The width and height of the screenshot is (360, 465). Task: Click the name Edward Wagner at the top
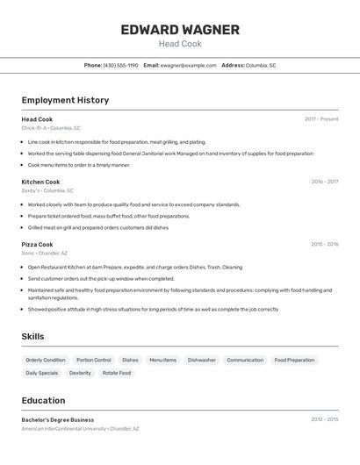[180, 30]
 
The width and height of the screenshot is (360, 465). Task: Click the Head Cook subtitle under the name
[180, 44]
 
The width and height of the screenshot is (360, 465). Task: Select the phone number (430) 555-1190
[120, 65]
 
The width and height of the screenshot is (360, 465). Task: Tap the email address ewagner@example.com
[188, 65]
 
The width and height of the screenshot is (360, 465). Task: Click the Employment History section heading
[65, 100]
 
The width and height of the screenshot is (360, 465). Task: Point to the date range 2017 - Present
[321, 118]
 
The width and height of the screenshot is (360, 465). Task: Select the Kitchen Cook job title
[40, 182]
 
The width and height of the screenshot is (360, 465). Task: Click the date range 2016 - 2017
[324, 182]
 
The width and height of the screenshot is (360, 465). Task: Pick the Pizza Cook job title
[37, 244]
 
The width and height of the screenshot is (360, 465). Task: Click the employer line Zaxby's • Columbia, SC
[47, 190]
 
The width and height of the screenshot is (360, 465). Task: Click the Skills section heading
[32, 336]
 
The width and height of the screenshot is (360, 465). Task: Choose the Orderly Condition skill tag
[46, 360]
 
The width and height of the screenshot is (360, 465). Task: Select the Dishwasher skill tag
[201, 360]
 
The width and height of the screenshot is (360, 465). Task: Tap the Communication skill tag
[245, 360]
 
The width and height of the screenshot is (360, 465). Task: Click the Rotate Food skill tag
[116, 373]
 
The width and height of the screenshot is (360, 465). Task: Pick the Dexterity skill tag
[80, 373]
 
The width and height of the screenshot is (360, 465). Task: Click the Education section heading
[43, 400]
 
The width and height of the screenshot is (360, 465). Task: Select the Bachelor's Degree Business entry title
[57, 419]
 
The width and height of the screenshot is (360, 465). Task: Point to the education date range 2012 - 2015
[324, 419]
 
